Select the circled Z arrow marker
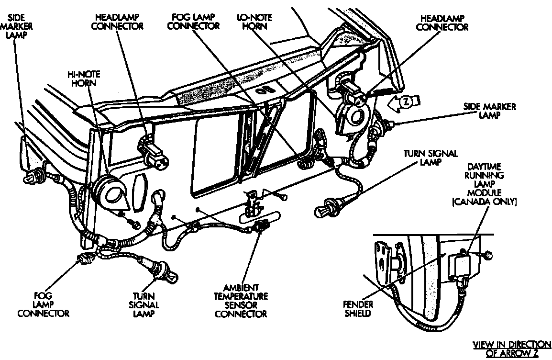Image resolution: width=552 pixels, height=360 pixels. (x=405, y=101)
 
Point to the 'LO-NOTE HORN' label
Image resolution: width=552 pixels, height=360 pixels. (x=255, y=21)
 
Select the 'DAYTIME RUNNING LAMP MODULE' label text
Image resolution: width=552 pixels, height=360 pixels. (x=484, y=180)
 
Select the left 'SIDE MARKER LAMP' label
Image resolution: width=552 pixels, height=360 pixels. (x=17, y=26)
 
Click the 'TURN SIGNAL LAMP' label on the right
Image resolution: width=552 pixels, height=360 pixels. (x=430, y=157)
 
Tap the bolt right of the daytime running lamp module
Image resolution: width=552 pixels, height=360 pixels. (x=487, y=256)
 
